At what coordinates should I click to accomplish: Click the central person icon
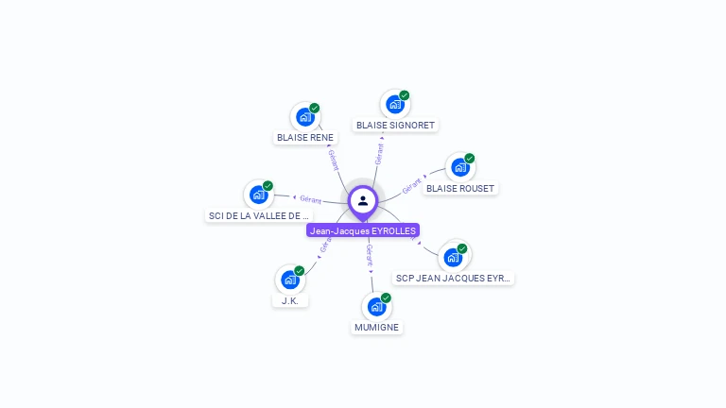(363, 201)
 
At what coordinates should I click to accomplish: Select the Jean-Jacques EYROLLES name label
(363, 230)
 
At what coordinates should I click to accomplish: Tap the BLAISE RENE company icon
(304, 117)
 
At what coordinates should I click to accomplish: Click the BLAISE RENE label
(305, 138)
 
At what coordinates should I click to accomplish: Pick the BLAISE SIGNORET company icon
(394, 104)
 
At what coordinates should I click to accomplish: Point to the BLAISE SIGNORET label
(395, 125)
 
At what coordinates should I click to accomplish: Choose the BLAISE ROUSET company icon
(459, 167)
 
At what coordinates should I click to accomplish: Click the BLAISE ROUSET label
(460, 188)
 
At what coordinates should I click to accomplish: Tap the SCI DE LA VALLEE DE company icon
(258, 195)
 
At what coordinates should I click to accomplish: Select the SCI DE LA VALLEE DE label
(258, 215)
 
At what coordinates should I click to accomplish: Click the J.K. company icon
(289, 280)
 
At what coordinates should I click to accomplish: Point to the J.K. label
(290, 300)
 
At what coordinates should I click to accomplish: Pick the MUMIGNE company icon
(376, 306)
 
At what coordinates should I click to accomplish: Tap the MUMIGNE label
(377, 327)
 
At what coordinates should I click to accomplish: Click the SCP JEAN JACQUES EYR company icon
(453, 257)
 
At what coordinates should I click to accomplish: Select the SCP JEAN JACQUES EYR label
(454, 278)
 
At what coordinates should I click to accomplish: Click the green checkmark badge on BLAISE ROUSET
(470, 158)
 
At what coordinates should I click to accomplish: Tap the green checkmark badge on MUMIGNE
(386, 297)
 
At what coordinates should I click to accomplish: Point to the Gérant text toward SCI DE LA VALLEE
(311, 199)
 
